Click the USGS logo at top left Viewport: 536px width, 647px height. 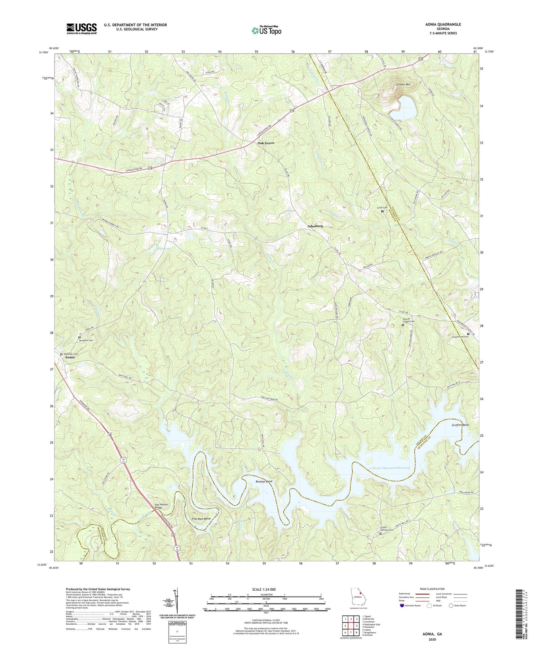click(x=82, y=29)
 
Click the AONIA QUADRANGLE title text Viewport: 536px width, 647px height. click(x=443, y=24)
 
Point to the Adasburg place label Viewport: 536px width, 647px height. click(x=315, y=226)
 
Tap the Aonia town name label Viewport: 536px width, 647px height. click(x=70, y=358)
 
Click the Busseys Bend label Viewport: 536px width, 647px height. click(x=264, y=481)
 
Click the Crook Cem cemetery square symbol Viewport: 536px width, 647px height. click(x=382, y=212)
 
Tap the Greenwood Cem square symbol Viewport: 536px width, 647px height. click(x=468, y=334)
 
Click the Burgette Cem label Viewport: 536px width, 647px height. click(x=86, y=340)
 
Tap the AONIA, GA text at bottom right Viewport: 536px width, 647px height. click(x=432, y=634)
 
